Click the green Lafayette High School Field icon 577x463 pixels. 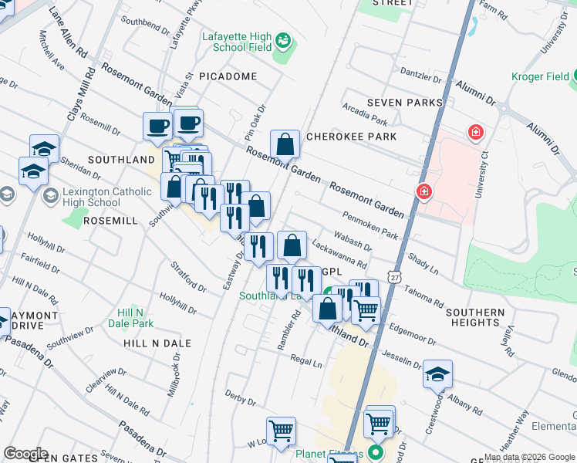tap(283, 39)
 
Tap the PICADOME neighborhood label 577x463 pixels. tap(228, 77)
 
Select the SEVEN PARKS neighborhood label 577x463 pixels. tap(404, 103)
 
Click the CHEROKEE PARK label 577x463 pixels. tap(351, 137)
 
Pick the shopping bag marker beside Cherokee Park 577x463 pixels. tap(285, 144)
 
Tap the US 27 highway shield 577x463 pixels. tap(395, 277)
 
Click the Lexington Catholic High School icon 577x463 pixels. tap(51, 194)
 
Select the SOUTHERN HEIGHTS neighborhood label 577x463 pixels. tap(473, 316)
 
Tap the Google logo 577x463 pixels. tap(25, 453)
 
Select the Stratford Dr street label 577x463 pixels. tap(189, 277)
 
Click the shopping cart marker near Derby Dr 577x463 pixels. tap(281, 431)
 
